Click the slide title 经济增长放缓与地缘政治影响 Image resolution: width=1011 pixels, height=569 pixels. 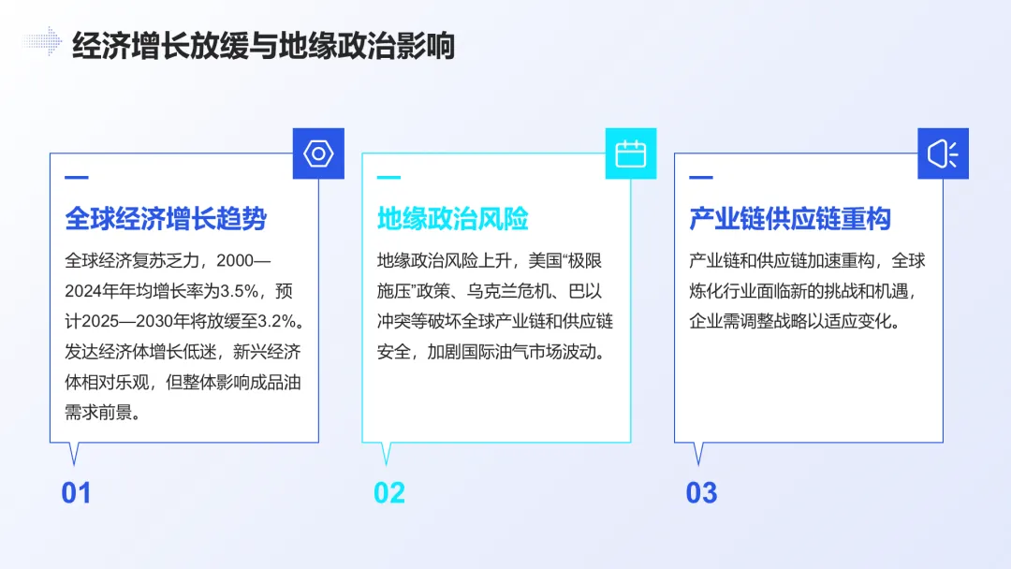click(x=263, y=45)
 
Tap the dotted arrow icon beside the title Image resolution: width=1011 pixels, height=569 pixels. click(x=42, y=40)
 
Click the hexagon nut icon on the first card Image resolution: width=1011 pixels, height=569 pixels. click(x=318, y=153)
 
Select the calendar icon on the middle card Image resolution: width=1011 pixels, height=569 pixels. click(x=631, y=153)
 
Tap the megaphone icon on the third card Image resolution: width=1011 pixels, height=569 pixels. click(x=943, y=153)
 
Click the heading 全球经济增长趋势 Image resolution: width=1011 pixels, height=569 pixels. click(x=166, y=219)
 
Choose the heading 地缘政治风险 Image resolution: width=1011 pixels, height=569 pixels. click(x=453, y=219)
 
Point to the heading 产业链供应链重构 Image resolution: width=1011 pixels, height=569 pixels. click(x=790, y=219)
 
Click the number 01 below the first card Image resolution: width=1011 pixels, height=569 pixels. click(x=76, y=493)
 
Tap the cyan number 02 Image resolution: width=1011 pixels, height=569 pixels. click(x=389, y=493)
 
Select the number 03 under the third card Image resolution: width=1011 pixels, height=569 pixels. click(x=701, y=493)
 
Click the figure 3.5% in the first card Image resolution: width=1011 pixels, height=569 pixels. click(x=238, y=290)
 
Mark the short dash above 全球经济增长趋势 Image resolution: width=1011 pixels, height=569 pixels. click(x=76, y=177)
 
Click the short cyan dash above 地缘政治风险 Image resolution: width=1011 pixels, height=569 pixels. click(x=388, y=177)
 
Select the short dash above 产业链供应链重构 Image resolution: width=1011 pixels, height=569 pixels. click(x=700, y=177)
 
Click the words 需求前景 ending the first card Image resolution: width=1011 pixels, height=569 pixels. click(x=98, y=412)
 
